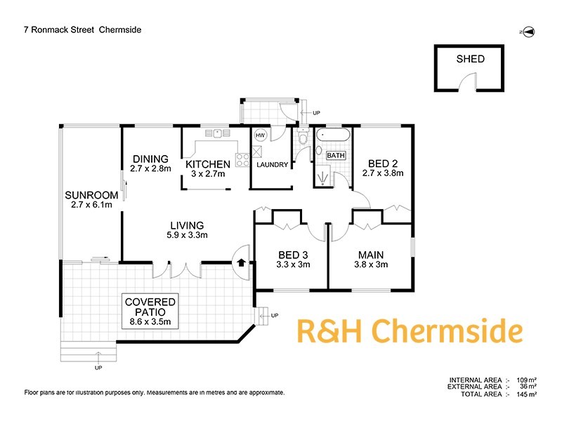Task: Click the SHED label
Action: [470, 59]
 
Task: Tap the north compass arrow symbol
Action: [529, 32]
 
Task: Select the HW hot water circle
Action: [260, 135]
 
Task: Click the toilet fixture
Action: [303, 136]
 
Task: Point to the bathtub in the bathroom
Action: [333, 135]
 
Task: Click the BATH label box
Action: [336, 155]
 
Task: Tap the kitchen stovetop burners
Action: [242, 160]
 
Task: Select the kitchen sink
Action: [217, 133]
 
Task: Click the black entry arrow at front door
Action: [241, 262]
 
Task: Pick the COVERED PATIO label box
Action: [150, 312]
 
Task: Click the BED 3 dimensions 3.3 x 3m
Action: [293, 265]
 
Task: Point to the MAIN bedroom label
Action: [371, 255]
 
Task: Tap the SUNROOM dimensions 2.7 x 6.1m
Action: [91, 205]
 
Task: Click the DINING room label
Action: [150, 159]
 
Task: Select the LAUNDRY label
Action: [273, 165]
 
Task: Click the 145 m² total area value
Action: [526, 394]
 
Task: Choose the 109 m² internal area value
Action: [526, 380]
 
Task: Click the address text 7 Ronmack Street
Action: [59, 29]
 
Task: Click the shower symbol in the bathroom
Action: [324, 178]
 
